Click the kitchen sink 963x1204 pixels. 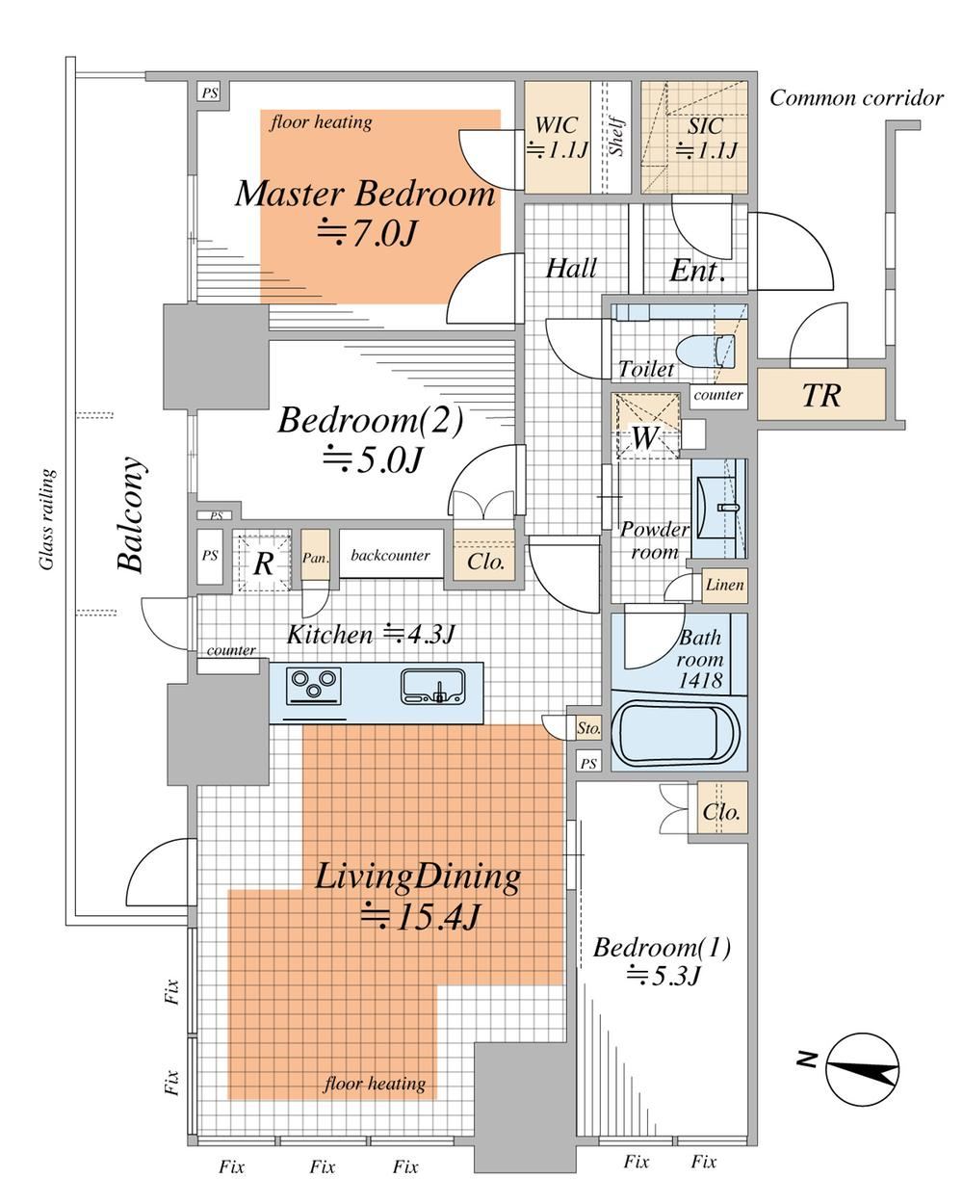coord(433,686)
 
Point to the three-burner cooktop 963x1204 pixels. coord(313,687)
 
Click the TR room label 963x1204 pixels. coord(820,396)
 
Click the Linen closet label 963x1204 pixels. coord(724,586)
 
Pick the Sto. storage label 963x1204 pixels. coord(588,728)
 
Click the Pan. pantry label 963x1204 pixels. coord(316,559)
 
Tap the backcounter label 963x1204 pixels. coord(390,555)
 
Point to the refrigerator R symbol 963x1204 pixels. coord(263,563)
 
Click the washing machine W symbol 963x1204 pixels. coord(644,436)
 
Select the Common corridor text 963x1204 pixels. coord(856,98)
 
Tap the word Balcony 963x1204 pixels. coord(132,514)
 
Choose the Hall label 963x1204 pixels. coord(571,269)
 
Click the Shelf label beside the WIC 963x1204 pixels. coord(616,136)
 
